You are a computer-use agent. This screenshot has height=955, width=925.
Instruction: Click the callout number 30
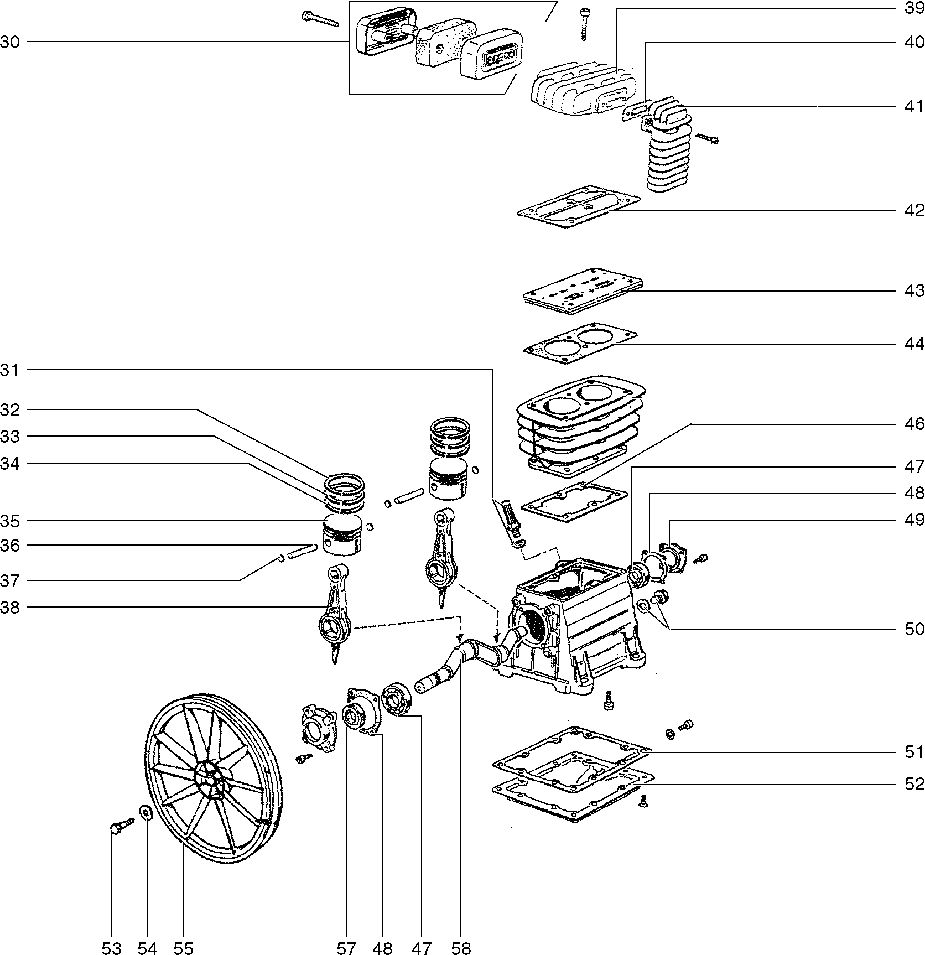[x=9, y=42]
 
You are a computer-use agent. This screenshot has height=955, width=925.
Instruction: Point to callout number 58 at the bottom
[x=461, y=948]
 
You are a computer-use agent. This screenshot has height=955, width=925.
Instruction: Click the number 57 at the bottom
[x=346, y=948]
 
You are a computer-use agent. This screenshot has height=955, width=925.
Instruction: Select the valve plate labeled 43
[x=583, y=291]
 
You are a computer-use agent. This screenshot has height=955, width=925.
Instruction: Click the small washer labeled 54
[x=147, y=813]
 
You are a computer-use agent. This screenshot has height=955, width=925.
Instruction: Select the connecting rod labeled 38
[x=335, y=614]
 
